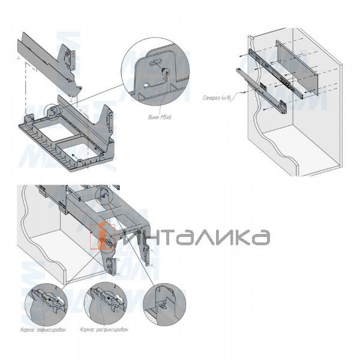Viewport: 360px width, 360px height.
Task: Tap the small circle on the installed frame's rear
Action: (104, 195)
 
